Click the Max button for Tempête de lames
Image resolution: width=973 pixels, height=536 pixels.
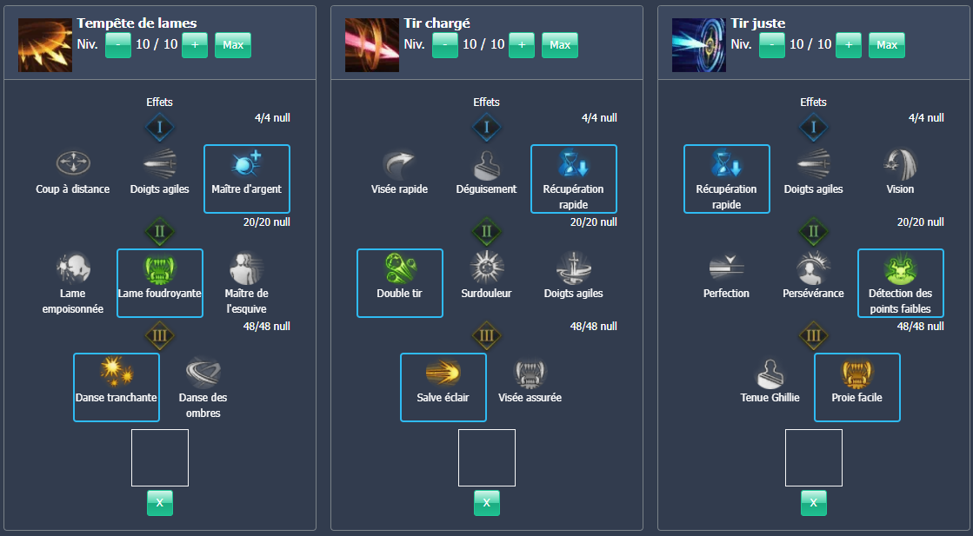(x=233, y=45)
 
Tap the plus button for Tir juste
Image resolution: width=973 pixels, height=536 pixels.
(x=849, y=45)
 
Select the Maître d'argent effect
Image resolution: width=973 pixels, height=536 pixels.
(x=247, y=178)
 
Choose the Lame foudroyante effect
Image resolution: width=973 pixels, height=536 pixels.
(x=160, y=282)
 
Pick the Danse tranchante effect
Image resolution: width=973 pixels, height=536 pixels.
(x=117, y=387)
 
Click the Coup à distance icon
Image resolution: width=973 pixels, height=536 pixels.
(x=73, y=163)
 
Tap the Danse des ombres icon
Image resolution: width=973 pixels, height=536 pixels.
(x=203, y=372)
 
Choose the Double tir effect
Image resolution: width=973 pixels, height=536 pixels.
(x=400, y=282)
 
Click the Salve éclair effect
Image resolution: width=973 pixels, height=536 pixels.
(x=443, y=387)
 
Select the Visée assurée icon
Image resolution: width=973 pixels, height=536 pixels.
(x=530, y=372)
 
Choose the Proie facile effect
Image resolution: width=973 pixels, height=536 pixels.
(x=857, y=387)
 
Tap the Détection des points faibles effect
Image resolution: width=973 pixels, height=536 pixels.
(x=901, y=282)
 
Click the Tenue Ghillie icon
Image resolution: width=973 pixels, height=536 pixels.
(x=770, y=372)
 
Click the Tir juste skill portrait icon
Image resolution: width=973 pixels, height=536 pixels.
(x=698, y=45)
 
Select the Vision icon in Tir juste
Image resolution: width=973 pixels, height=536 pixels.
(x=901, y=163)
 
